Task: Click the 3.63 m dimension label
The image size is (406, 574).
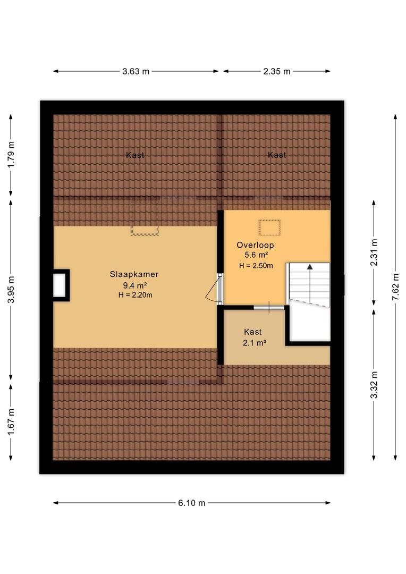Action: (136, 71)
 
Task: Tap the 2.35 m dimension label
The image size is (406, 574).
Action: (277, 71)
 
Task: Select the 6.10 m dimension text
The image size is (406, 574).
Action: (192, 503)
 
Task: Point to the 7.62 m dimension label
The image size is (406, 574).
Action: (395, 288)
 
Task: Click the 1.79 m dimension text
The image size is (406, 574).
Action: (11, 155)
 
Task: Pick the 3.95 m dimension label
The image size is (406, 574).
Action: (11, 290)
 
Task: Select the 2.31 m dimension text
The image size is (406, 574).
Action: (374, 252)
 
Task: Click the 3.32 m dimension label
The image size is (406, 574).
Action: (374, 385)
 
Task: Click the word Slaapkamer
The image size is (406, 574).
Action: (134, 274)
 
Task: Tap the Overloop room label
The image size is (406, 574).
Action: (255, 245)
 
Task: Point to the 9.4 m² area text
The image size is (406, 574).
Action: (135, 285)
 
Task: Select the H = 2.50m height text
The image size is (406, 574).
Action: (256, 266)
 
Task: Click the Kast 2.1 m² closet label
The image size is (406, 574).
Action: (253, 337)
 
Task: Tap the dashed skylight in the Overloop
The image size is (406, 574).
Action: (269, 227)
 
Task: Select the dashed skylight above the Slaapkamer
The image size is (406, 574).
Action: (145, 230)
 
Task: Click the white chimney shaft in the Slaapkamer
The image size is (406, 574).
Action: (60, 285)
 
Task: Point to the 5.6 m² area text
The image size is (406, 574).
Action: (256, 255)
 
